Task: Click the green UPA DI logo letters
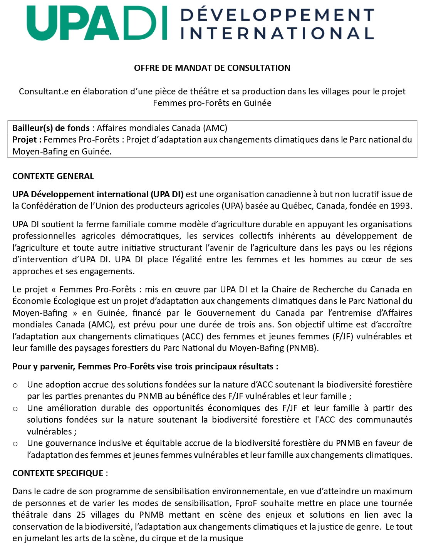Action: pyautogui.click(x=96, y=23)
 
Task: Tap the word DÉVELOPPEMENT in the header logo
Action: pyautogui.click(x=277, y=15)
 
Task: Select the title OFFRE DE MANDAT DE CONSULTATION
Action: pyautogui.click(x=212, y=68)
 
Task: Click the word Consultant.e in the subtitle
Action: pyautogui.click(x=41, y=92)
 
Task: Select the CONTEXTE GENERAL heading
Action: pyautogui.click(x=53, y=176)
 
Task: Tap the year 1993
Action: pyautogui.click(x=401, y=206)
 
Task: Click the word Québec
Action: pyautogui.click(x=297, y=206)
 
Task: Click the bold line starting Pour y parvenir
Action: pyautogui.click(x=145, y=366)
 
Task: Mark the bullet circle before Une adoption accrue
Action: pyautogui.click(x=15, y=385)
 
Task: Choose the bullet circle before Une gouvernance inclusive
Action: pyautogui.click(x=15, y=443)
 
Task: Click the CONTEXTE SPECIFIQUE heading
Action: pyautogui.click(x=58, y=473)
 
